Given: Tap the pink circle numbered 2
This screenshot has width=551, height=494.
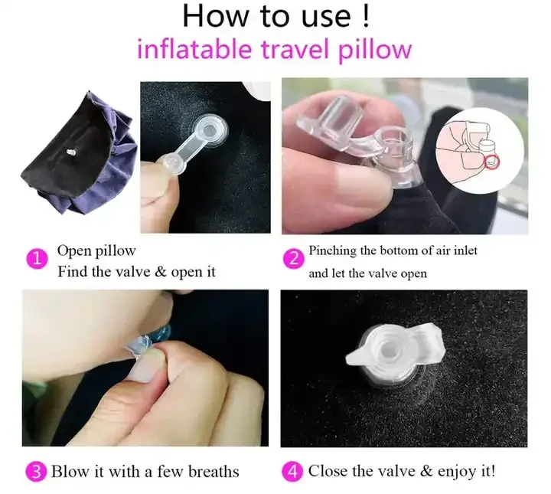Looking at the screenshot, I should pyautogui.click(x=294, y=261).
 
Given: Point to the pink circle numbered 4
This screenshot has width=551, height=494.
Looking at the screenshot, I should pyautogui.click(x=294, y=471).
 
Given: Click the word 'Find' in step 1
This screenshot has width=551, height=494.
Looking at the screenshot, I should pyautogui.click(x=73, y=272).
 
